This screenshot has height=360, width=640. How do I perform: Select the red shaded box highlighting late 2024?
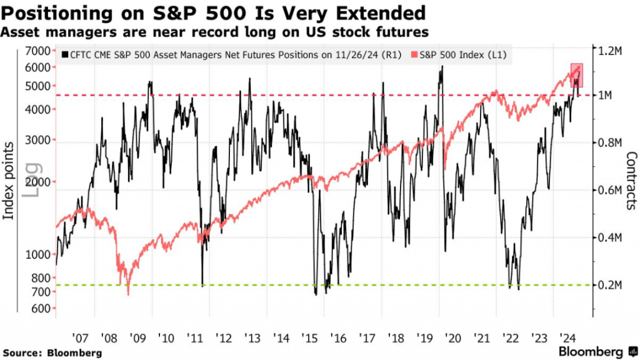coord(577,79)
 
